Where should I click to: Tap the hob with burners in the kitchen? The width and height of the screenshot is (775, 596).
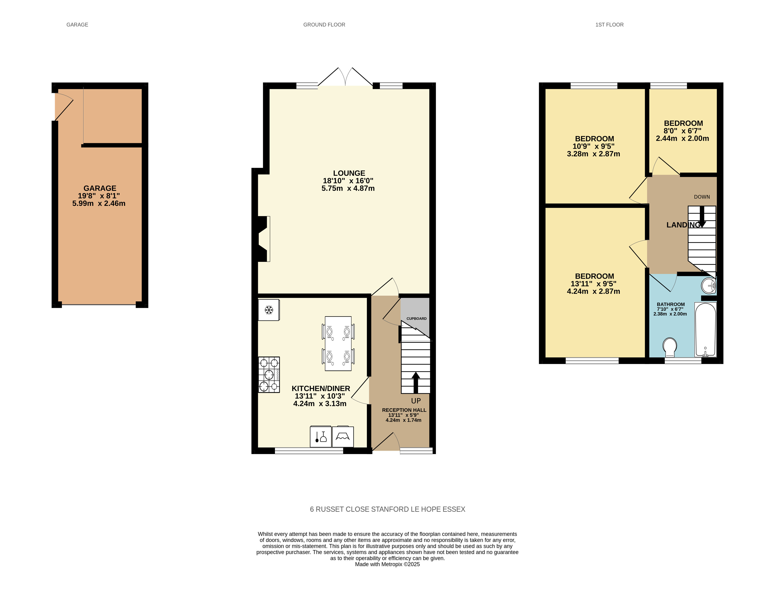(x=269, y=375)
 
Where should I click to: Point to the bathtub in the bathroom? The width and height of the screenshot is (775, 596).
(x=705, y=329)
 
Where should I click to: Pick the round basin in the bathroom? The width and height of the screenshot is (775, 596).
(x=709, y=286)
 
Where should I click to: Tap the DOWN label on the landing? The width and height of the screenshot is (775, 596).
(x=702, y=197)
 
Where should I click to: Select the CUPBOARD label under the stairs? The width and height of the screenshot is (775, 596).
(x=417, y=318)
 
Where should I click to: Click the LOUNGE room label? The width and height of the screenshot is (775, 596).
(x=349, y=173)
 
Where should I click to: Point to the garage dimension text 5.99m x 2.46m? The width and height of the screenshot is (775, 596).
(x=99, y=204)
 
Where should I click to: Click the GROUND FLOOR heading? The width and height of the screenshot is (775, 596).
(x=324, y=25)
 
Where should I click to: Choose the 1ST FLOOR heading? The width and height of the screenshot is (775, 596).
(x=609, y=25)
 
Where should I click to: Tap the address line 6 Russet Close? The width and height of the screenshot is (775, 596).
(x=388, y=509)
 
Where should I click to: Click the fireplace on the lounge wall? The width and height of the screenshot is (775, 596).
(x=263, y=239)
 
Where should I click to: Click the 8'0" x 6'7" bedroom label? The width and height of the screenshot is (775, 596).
(x=682, y=131)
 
